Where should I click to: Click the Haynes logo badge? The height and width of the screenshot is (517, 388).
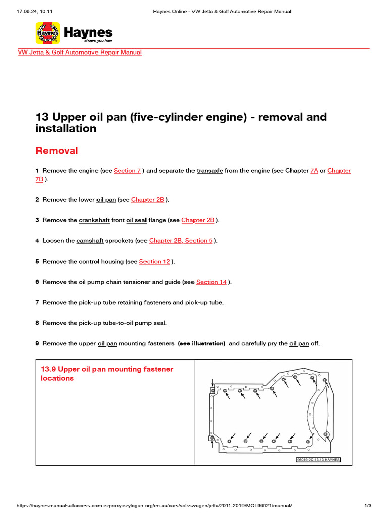(x=48, y=33)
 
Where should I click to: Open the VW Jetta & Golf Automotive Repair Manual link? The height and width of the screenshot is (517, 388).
(x=80, y=53)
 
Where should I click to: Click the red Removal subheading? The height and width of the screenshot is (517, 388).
(x=57, y=151)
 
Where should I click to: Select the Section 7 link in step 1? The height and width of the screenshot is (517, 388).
(x=127, y=171)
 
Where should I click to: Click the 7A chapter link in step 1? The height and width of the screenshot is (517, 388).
(x=314, y=171)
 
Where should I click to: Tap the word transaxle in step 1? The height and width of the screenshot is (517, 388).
(x=210, y=171)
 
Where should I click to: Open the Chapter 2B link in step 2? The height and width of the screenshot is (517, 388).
(x=148, y=200)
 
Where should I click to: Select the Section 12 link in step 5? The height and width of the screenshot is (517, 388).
(x=155, y=262)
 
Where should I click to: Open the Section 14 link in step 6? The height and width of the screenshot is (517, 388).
(x=211, y=282)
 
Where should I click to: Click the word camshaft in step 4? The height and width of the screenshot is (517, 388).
(x=89, y=241)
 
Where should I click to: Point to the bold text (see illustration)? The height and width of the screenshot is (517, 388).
(x=202, y=344)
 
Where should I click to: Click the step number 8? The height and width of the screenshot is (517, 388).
(x=37, y=323)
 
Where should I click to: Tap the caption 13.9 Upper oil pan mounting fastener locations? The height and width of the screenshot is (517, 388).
(x=107, y=374)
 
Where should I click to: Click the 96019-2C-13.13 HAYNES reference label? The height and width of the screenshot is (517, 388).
(x=318, y=460)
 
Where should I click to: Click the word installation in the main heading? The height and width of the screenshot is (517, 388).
(x=66, y=129)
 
